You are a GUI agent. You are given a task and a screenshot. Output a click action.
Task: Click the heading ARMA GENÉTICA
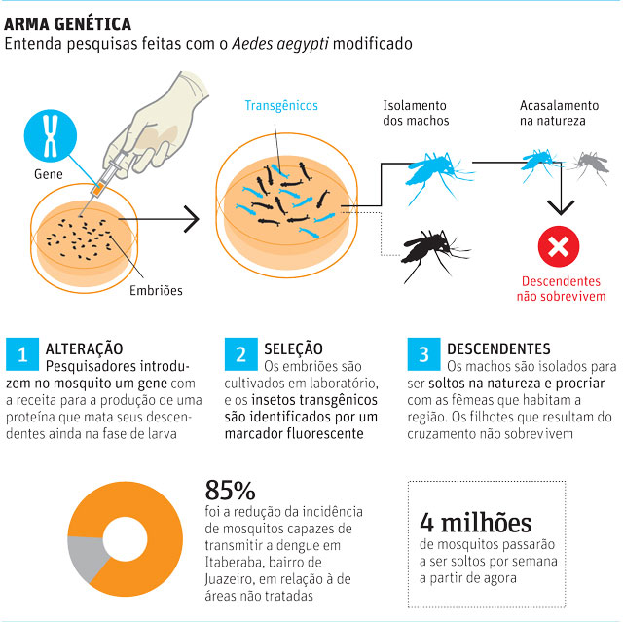67,24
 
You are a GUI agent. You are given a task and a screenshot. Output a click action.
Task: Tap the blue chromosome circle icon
51,135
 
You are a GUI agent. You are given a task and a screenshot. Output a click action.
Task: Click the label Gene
49,174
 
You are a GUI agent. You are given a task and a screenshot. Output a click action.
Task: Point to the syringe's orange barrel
98,188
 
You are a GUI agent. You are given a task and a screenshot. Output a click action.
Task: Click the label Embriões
156,290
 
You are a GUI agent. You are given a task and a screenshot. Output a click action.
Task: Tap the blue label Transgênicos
281,105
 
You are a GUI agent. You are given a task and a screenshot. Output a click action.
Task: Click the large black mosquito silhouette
433,252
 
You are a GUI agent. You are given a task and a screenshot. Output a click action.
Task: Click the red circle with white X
559,246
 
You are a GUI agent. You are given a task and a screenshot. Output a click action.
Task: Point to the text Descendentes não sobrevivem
561,289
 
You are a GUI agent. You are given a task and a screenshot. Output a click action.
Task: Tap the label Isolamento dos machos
416,113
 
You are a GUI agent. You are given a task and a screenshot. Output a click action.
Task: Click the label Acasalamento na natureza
559,113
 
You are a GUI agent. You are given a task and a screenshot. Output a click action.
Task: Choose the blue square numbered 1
22,354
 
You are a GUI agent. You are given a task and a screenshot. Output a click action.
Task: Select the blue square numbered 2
240,354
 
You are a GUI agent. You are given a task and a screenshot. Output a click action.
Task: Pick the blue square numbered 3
423,354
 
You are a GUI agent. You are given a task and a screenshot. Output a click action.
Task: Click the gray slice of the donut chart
86,556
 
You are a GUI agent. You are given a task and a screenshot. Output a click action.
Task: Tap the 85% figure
230,491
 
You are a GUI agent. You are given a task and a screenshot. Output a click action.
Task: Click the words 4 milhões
475,523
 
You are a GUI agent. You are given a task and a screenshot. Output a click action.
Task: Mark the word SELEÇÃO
293,348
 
